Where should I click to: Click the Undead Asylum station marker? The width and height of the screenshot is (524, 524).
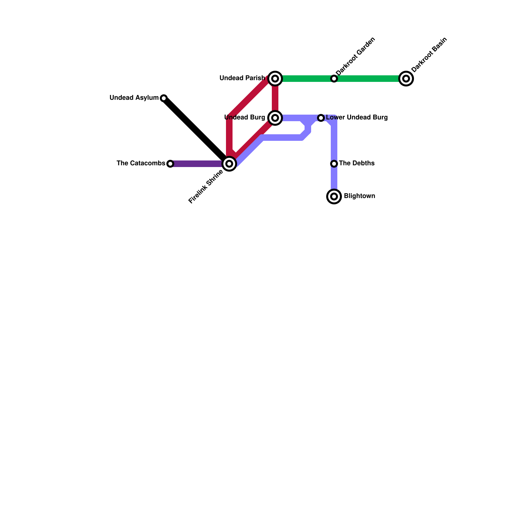(x=164, y=98)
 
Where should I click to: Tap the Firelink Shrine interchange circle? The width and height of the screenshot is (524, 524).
(x=229, y=163)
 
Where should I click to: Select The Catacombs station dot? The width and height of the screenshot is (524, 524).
(x=170, y=163)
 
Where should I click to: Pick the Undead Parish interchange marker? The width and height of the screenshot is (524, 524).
(x=275, y=79)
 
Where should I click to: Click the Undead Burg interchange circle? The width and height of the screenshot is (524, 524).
(x=275, y=118)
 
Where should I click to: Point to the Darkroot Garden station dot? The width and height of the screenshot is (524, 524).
(x=334, y=79)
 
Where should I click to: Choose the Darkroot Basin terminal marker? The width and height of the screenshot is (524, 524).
(x=406, y=79)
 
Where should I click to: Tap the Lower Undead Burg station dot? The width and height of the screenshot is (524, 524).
(x=321, y=118)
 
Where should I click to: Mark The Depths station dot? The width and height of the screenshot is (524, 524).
(x=334, y=163)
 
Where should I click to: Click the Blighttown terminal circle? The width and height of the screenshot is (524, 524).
(x=334, y=196)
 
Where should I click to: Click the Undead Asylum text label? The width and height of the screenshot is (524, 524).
(x=134, y=98)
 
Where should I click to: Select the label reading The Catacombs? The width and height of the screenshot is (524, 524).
(x=141, y=163)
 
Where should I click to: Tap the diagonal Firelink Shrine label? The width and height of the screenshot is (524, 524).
(x=206, y=187)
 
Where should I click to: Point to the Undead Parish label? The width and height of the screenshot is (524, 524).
(x=242, y=78)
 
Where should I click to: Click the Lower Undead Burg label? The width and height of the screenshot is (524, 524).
(x=357, y=118)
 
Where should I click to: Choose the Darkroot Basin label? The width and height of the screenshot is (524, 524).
(x=429, y=55)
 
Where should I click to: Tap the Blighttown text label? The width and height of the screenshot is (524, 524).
(x=359, y=196)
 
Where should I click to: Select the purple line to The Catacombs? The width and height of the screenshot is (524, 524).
(x=196, y=163)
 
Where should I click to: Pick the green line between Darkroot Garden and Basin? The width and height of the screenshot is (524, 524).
(x=370, y=79)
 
